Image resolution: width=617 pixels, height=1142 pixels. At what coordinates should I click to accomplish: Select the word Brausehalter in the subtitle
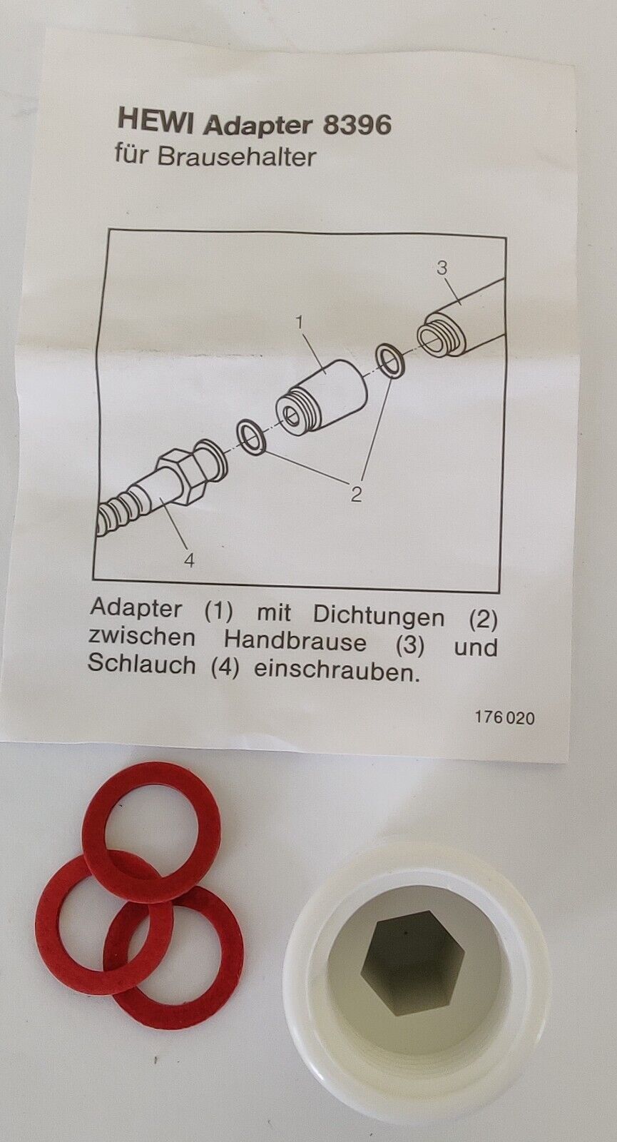tap(236, 157)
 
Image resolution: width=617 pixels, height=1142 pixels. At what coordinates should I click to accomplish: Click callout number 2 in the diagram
tap(356, 493)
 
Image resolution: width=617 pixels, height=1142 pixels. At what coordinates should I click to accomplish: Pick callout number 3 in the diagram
tap(442, 267)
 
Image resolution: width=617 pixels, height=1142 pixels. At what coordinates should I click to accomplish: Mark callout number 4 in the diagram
tap(190, 561)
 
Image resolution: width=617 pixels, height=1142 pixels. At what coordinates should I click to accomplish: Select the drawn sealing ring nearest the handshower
tap(390, 361)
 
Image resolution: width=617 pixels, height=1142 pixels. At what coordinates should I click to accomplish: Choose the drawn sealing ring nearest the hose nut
tap(250, 437)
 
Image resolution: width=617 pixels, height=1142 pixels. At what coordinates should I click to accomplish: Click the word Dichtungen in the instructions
tap(379, 617)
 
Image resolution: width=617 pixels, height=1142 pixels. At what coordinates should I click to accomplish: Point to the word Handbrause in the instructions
tap(295, 641)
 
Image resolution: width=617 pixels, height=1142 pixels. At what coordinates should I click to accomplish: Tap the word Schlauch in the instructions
tap(142, 665)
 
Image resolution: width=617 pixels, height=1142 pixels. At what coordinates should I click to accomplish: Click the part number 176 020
tap(505, 718)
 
